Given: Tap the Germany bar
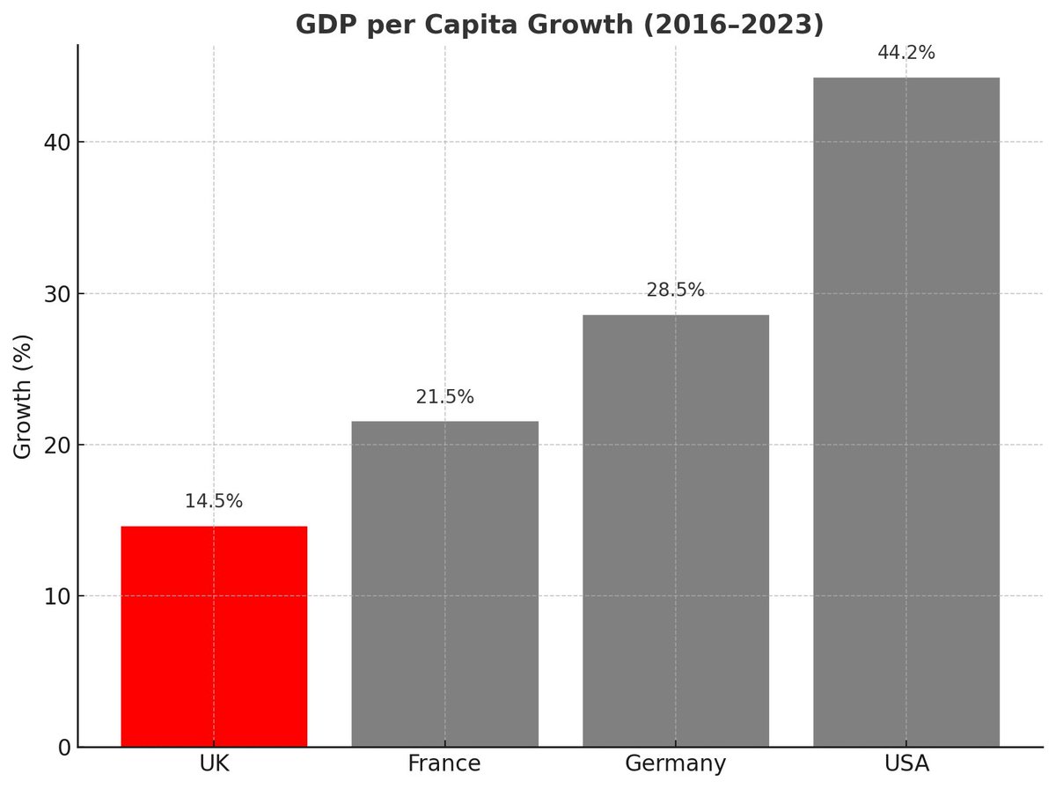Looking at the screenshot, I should click(676, 530).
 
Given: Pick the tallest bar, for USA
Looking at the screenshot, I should click(906, 412).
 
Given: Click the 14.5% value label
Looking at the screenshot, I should click(214, 502).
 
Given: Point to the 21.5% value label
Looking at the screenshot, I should click(444, 397).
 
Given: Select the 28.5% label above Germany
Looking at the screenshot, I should click(676, 291).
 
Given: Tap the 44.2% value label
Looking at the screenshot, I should click(906, 54).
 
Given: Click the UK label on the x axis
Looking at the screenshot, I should click(214, 763).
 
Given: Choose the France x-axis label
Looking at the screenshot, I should click(444, 763).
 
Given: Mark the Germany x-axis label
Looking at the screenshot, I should click(676, 763).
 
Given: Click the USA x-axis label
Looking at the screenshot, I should click(906, 763).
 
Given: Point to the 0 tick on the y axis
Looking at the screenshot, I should click(63, 748).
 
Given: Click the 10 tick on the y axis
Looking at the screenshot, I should click(57, 596).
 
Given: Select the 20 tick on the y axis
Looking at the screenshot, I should click(57, 445).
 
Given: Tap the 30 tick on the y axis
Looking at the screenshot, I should click(57, 293).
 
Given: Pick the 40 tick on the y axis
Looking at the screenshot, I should click(57, 142).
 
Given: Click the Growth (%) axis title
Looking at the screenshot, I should click(24, 395).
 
